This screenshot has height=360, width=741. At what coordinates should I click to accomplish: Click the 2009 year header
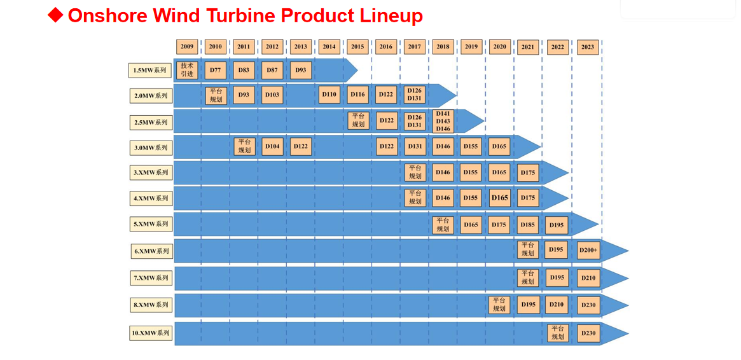point(187,47)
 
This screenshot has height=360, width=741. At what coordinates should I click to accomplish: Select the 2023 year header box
point(588,47)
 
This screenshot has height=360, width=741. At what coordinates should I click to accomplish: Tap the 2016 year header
point(385,47)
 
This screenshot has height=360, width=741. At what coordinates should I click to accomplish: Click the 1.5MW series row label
point(150,71)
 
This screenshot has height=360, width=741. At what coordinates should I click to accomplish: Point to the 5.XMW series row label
point(151,224)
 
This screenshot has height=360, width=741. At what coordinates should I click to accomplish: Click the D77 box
point(216,70)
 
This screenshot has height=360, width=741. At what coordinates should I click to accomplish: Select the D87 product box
point(272,70)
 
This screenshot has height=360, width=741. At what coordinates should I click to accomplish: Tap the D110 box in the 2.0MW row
point(329,95)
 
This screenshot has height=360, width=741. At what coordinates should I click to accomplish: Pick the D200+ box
point(588,251)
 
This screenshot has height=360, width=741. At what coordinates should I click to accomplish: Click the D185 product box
point(528,225)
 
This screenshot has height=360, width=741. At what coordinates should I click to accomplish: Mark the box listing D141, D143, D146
point(443,121)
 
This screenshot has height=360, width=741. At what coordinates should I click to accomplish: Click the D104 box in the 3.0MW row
point(272,147)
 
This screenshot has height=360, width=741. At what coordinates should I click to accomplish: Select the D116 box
point(357,95)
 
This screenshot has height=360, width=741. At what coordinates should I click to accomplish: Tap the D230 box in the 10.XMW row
point(588,333)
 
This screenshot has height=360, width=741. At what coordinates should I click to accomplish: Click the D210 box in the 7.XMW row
point(588,278)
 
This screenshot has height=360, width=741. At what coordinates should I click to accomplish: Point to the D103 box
point(272,95)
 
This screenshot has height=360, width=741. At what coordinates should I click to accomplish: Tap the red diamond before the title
point(56,15)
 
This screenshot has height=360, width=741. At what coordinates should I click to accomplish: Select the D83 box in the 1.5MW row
point(244,70)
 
